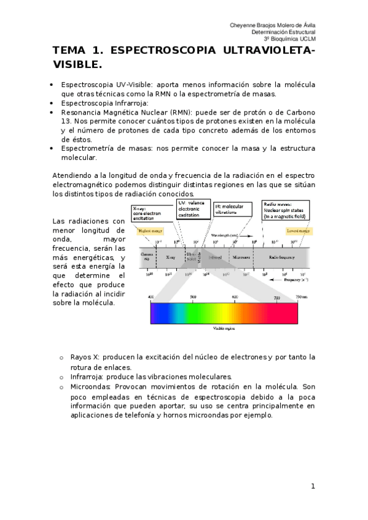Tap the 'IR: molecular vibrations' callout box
click(233, 209)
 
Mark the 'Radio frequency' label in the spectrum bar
click(287, 258)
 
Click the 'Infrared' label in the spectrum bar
click(215, 258)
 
